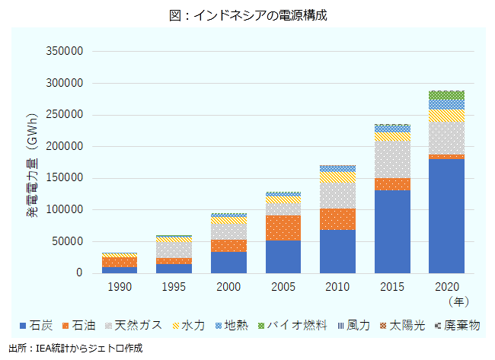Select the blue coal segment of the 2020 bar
tap(446, 215)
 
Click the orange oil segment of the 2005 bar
tap(283, 228)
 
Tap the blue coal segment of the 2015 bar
tap(392, 231)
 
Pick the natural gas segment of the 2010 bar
tap(337, 195)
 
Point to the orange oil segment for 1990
tap(120, 262)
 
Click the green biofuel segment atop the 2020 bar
tap(446, 95)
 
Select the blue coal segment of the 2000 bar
tap(229, 262)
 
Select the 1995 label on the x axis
tap(174, 288)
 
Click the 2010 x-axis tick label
tap(337, 288)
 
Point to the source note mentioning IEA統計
tap(75, 348)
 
